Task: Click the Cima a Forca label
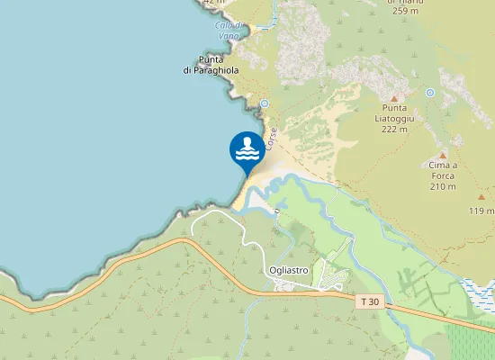443,171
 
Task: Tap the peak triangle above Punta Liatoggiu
393,97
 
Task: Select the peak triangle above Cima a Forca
443,156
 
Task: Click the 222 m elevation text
393,129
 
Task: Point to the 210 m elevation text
443,186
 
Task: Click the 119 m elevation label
481,211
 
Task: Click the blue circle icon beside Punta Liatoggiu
430,93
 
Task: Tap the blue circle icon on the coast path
265,104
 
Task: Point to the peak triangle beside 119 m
481,195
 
